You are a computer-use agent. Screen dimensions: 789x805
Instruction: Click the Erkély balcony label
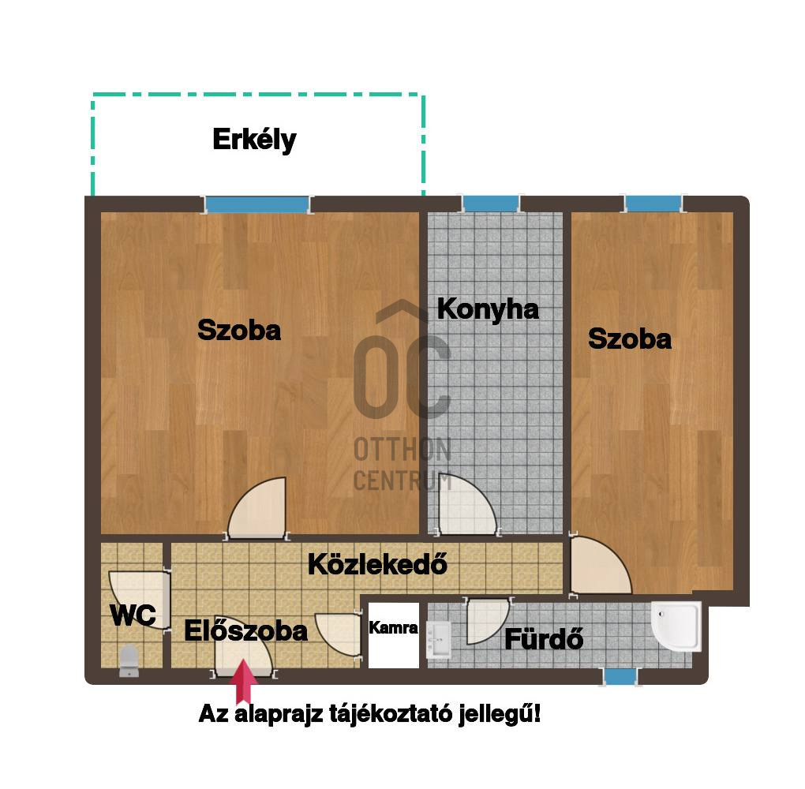coord(254,140)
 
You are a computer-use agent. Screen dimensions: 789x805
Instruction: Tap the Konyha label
coord(488,308)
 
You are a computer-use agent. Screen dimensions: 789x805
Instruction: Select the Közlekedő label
coord(377,564)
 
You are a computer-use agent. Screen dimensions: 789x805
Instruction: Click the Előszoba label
coord(245,630)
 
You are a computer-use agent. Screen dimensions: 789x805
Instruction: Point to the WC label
coord(133,615)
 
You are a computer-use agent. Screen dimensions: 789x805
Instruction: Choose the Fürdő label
coord(544,638)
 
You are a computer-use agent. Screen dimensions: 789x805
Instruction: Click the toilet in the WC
coord(128,660)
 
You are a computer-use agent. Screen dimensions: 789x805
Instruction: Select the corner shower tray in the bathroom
coord(677,626)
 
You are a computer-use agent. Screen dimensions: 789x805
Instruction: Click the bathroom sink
coord(439,639)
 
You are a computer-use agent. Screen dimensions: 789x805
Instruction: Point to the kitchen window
coord(490,204)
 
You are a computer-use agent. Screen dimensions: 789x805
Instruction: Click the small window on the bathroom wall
coord(620,677)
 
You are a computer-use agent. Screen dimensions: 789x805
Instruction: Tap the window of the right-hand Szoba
coord(653,204)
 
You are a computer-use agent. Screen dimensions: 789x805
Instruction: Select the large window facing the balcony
coord(256,205)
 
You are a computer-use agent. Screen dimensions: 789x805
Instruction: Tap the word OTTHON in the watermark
coord(402,450)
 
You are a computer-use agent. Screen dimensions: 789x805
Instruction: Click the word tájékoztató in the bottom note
coord(391,716)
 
